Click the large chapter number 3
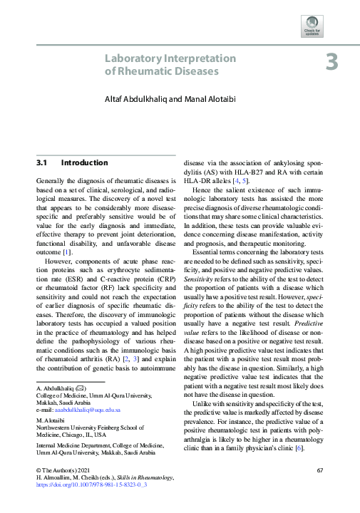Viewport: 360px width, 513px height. coord(331,63)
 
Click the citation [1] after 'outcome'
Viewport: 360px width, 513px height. coord(66,253)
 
